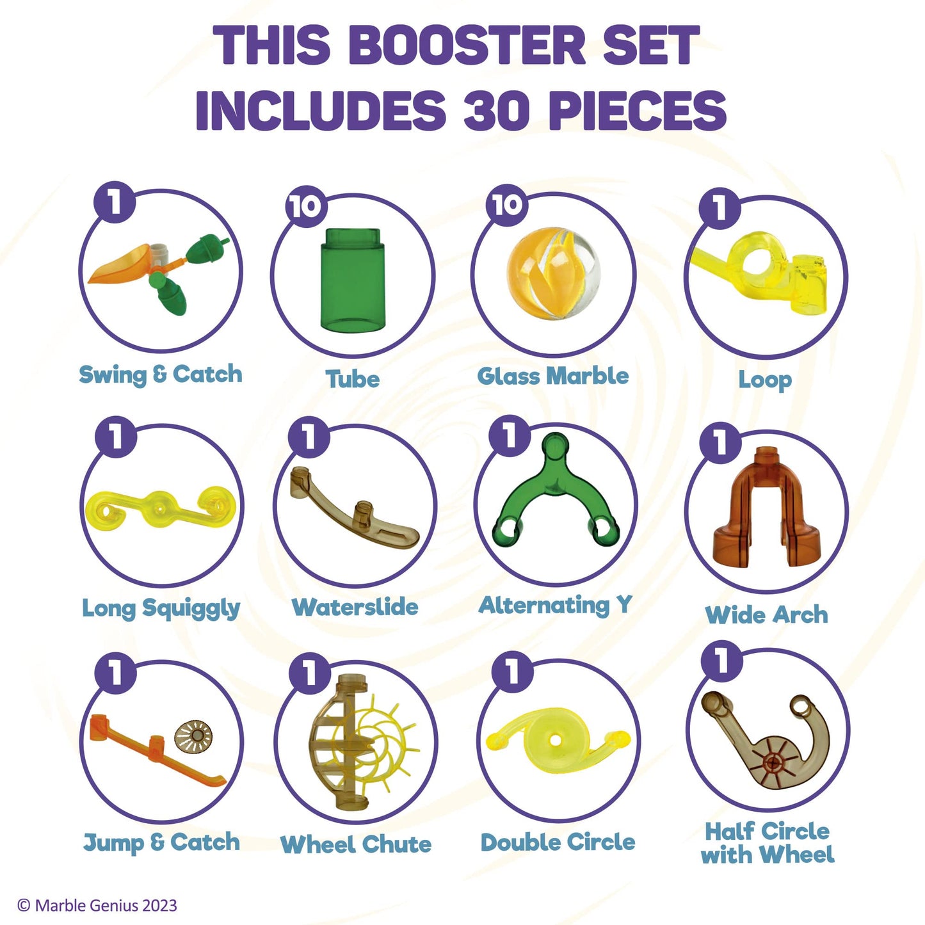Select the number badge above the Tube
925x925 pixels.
click(x=305, y=206)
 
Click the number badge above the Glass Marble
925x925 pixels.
click(x=507, y=205)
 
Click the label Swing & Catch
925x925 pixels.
click(x=160, y=375)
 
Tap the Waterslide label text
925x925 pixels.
click(x=355, y=607)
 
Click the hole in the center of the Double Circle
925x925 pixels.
click(x=556, y=740)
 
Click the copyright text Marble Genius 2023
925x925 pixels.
click(x=97, y=905)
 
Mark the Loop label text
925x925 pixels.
click(x=765, y=380)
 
